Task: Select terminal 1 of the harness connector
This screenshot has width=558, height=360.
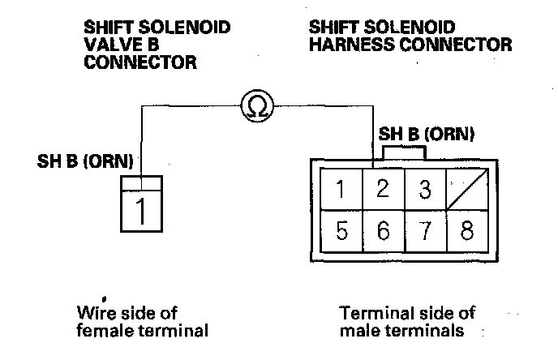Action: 342,191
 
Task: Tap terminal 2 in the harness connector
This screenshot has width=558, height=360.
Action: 384,191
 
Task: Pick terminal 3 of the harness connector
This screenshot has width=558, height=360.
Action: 424,191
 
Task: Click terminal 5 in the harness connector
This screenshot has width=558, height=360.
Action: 342,232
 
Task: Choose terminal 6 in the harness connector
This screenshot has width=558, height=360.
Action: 384,232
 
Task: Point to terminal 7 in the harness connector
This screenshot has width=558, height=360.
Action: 424,232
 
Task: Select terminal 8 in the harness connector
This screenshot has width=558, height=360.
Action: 466,232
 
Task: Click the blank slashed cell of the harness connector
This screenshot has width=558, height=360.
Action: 466,191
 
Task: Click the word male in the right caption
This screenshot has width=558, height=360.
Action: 358,331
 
